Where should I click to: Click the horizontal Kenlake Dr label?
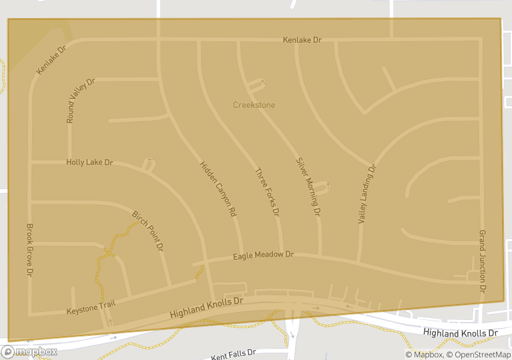click(302, 40)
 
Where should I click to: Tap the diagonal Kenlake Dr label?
click(51, 60)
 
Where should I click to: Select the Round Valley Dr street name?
click(81, 101)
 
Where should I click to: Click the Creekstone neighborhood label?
click(254, 105)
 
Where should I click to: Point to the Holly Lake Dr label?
click(89, 162)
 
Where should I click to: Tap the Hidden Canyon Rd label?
click(218, 188)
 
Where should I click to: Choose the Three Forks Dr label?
click(266, 192)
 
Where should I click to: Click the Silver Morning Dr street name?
click(309, 187)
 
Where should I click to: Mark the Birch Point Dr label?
click(148, 230)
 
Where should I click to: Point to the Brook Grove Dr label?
click(29, 250)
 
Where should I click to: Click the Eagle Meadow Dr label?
click(263, 255)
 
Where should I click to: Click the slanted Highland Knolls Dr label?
click(207, 308)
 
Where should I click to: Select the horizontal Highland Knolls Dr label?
click(461, 333)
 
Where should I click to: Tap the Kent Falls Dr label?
click(234, 355)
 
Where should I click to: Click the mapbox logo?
click(29, 351)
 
